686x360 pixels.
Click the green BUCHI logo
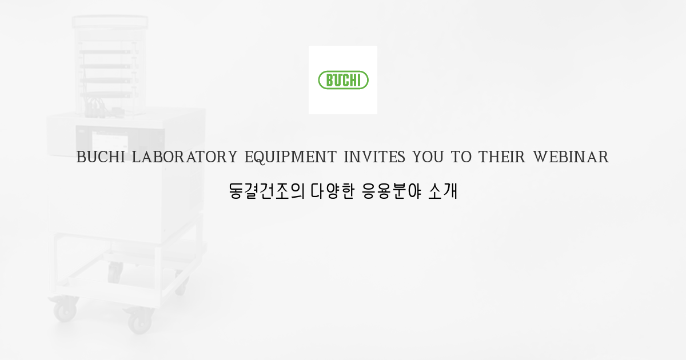click(343, 80)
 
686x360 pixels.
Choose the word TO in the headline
click(461, 157)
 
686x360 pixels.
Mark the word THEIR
click(502, 157)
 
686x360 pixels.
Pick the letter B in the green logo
click(330, 81)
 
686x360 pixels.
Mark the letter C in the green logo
click(348, 81)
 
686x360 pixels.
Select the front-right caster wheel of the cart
click(138, 321)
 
